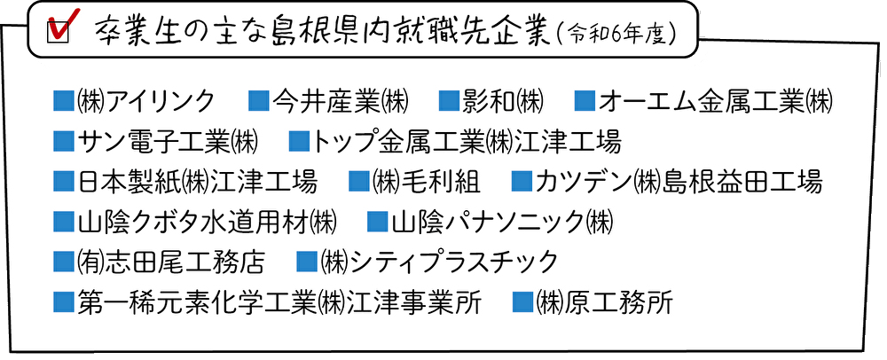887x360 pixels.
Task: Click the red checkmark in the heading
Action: pos(63,22)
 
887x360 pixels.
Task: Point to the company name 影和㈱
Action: pos(503,102)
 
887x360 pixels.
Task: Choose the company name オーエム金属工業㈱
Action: pos(716,102)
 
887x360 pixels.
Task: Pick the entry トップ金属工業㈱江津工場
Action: pos(467,142)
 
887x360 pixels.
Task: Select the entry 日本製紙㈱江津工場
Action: pos(197,182)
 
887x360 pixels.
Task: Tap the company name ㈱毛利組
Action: pos(427,182)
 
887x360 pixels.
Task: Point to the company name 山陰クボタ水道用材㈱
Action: pos(207,222)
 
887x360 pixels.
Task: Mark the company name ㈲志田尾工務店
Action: pos(170,262)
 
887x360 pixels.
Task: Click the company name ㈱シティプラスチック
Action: pos(439,262)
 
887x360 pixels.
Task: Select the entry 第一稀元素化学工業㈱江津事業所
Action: pos(279,302)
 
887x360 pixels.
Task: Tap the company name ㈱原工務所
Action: pos(604,302)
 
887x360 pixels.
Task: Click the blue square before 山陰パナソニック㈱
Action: pos(378,222)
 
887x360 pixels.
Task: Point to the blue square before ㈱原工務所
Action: pos(522,302)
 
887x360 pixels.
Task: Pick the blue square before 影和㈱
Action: pos(449,102)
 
